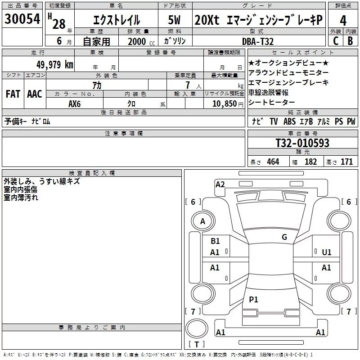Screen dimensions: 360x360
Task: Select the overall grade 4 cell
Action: point(343,21)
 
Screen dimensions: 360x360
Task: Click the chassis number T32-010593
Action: point(302,144)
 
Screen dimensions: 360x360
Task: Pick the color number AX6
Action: point(75,103)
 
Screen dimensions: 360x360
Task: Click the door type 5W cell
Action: point(175,20)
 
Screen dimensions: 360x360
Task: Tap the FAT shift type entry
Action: point(13,94)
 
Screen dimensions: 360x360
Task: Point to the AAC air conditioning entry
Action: point(34,94)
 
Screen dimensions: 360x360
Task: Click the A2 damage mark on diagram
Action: point(220,184)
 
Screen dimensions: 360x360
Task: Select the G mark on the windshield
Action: point(284,237)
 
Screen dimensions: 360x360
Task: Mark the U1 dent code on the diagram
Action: point(326,252)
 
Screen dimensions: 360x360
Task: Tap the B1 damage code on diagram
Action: point(215,241)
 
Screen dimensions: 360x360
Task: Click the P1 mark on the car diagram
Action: point(253,300)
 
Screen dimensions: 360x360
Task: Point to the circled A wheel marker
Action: point(202,221)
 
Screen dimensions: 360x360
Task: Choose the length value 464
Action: point(273,162)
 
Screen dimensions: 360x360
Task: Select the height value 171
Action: point(346,162)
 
